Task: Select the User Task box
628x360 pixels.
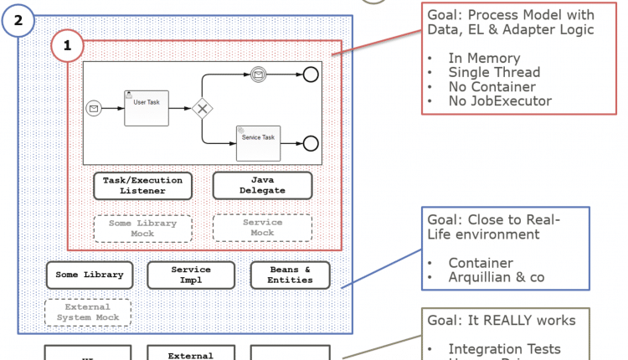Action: [147, 108]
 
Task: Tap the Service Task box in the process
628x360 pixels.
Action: [258, 142]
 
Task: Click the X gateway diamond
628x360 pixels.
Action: [202, 109]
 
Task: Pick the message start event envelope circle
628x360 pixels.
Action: [94, 108]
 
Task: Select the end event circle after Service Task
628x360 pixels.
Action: [311, 142]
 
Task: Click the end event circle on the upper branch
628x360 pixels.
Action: [311, 75]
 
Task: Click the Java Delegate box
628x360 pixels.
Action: [262, 185]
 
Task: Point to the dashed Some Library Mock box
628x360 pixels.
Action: [142, 229]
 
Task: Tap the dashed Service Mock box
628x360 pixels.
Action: [262, 228]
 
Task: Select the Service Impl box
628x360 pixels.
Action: [191, 275]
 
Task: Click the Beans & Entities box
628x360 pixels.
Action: [290, 275]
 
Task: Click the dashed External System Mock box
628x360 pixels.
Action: [88, 313]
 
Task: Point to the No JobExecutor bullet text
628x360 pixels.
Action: [499, 101]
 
